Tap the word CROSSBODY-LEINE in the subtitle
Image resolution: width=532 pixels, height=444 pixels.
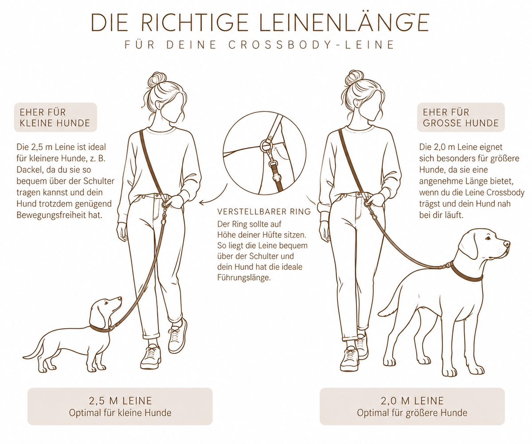[311, 45]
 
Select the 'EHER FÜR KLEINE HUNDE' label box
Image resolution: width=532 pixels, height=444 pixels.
[55, 117]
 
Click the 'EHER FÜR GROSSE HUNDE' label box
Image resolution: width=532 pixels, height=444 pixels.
[461, 117]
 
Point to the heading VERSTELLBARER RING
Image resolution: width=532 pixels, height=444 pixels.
[264, 211]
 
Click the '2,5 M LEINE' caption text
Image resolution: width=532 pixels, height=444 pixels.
[120, 400]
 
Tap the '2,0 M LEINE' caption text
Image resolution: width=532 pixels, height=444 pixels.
[412, 400]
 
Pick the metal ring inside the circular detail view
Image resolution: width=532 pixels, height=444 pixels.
[265, 146]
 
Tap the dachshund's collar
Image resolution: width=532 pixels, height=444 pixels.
[100, 329]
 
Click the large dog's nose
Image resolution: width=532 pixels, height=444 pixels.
[507, 243]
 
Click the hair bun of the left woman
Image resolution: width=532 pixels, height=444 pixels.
[157, 79]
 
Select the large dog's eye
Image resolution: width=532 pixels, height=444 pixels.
[487, 238]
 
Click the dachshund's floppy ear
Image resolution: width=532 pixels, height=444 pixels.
[98, 315]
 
